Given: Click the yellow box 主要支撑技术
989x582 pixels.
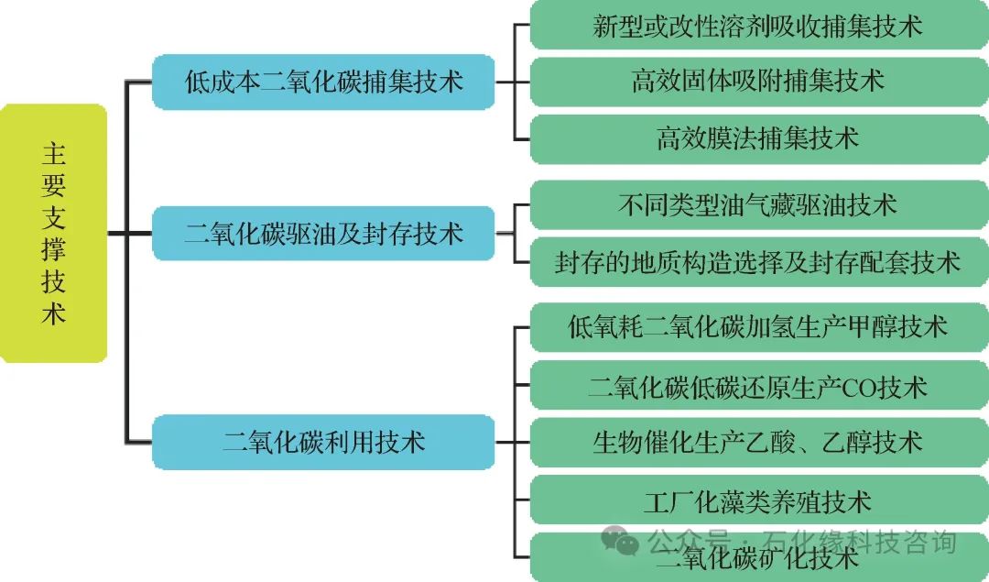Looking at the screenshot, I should (53, 233).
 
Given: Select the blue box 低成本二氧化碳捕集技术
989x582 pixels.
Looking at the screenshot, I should (323, 82).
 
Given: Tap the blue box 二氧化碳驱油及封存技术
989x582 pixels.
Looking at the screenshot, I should (323, 233).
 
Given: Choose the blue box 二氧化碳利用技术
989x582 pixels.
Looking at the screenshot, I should (323, 443).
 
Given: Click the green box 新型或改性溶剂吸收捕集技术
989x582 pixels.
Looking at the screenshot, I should (757, 25).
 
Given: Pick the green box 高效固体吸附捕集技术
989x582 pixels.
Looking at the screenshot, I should (757, 81).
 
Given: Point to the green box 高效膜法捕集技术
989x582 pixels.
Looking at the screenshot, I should (757, 138).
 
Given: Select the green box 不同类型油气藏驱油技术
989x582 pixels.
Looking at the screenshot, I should (757, 204).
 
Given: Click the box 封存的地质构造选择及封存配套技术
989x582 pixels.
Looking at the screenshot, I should (757, 262).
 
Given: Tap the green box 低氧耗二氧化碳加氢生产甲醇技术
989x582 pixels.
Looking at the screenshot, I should (757, 326).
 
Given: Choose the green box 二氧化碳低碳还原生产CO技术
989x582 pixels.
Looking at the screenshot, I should (757, 386).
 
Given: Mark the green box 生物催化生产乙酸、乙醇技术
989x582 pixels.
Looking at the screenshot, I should (757, 443).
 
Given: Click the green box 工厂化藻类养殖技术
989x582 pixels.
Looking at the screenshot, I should (757, 500).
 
